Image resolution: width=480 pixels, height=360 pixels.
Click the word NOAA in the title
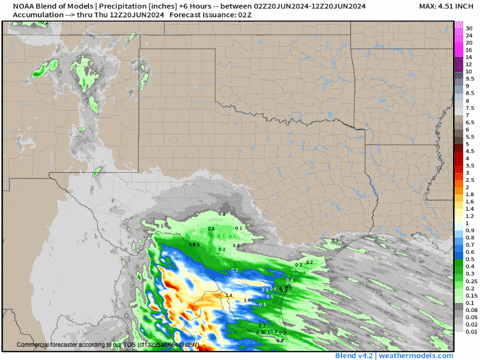14,7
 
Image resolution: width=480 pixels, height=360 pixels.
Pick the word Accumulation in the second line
27,16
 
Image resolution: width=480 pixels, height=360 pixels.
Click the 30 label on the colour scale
468,29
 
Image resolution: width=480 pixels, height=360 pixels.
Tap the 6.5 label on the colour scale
468,123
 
